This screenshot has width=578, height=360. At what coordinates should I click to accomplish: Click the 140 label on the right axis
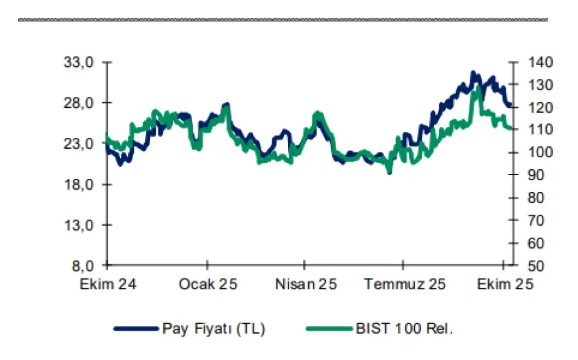point(538,63)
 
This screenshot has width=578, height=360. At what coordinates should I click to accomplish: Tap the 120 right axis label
point(538,108)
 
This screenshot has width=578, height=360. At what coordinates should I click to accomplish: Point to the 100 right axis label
point(538,153)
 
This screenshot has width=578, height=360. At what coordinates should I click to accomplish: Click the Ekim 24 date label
point(108,284)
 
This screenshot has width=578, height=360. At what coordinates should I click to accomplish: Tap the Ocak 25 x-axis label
point(208,284)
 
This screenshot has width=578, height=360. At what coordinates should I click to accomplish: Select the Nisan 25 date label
point(305,284)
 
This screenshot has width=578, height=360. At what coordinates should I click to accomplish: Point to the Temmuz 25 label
point(404,284)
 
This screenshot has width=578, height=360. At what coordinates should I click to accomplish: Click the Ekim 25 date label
point(503,284)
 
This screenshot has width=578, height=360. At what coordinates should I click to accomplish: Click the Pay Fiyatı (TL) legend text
point(214,329)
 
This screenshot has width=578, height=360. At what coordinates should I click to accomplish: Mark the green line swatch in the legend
point(329,329)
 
